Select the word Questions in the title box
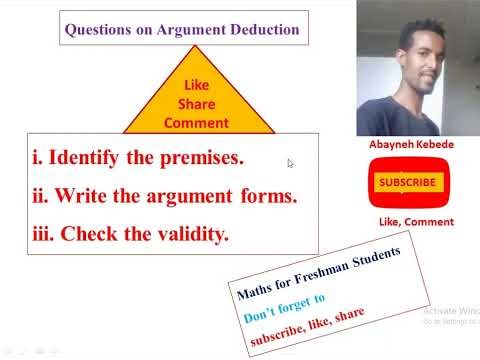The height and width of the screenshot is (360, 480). coord(97,30)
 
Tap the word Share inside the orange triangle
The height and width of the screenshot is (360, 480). coord(196,104)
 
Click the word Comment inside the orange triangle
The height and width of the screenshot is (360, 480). coord(196,123)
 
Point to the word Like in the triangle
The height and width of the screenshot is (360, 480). coord(196,86)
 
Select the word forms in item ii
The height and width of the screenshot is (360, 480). coord(268,196)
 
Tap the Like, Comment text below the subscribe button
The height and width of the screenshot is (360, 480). coord(415,221)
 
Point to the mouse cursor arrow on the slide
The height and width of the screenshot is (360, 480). coord(290,163)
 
